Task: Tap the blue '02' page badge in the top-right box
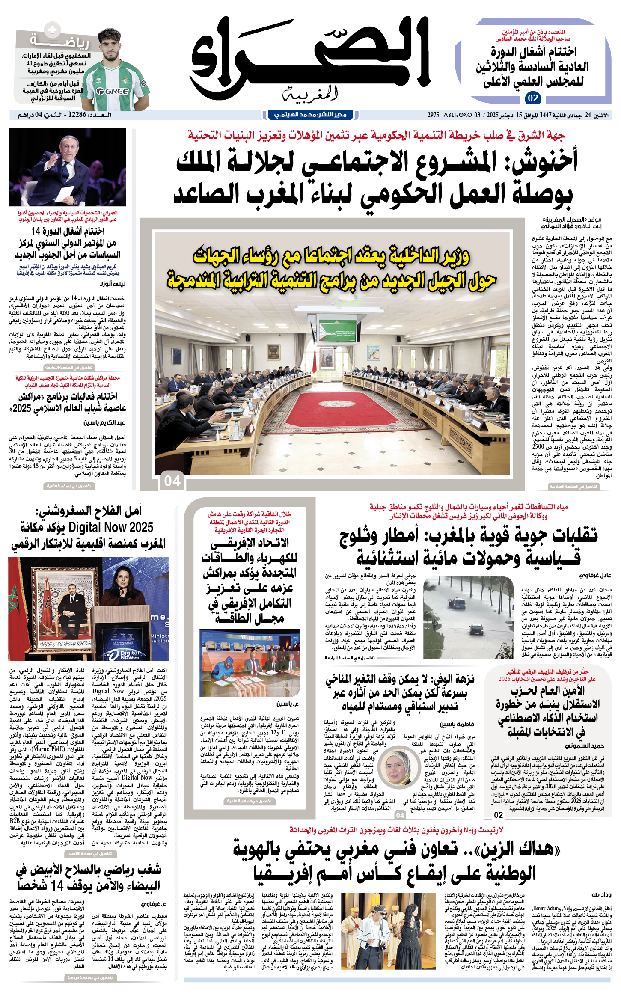point(533,98)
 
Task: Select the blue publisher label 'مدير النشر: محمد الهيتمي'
point(310,115)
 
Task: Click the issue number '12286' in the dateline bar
point(77,115)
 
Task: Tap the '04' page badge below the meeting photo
point(172,481)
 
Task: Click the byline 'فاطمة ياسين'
point(457,724)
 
